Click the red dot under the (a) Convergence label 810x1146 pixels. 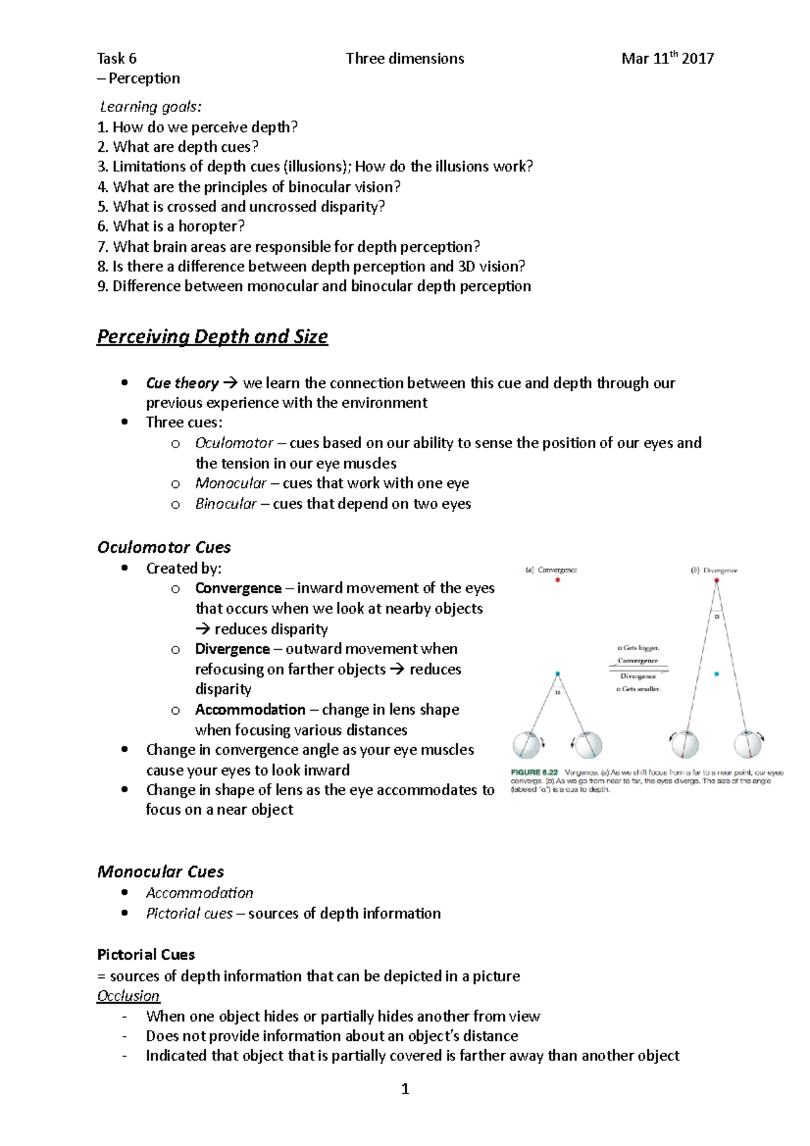(x=558, y=580)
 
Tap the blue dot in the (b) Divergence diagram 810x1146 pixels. (x=716, y=674)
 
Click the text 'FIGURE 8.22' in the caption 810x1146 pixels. (x=535, y=772)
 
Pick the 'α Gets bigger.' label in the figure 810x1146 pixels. (x=639, y=648)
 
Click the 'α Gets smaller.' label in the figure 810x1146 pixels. (x=639, y=689)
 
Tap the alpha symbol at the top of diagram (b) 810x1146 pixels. (x=717, y=616)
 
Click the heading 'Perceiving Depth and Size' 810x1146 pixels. (x=212, y=336)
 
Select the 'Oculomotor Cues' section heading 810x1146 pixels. (x=164, y=547)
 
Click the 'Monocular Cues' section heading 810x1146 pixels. (x=161, y=871)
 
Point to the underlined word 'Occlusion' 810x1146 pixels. (x=128, y=995)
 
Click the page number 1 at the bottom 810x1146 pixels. (x=405, y=1089)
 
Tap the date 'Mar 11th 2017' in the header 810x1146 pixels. (x=667, y=59)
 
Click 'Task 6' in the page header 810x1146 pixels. (x=117, y=59)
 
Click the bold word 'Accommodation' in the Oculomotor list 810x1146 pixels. (x=250, y=709)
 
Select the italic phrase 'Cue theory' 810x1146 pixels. (x=182, y=383)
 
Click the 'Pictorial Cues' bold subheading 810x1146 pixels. (x=146, y=954)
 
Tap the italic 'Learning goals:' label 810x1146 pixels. (x=151, y=107)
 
